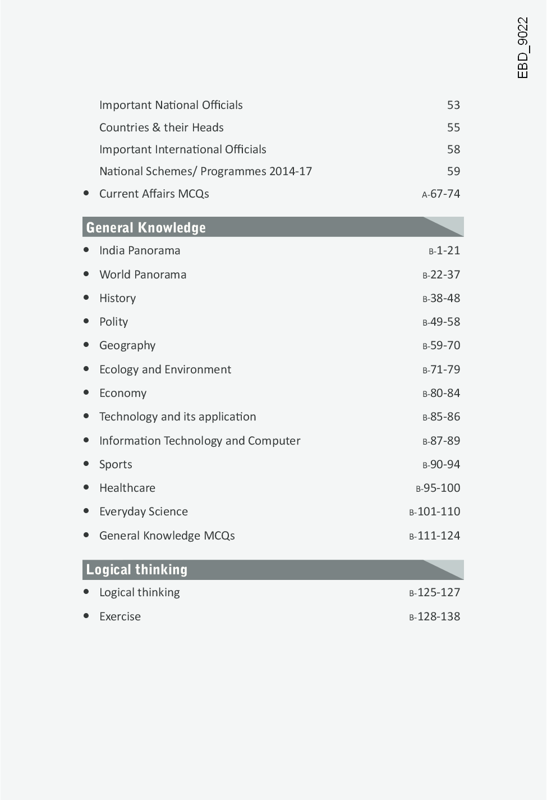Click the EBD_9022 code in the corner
click(x=522, y=48)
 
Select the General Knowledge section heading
click(x=146, y=227)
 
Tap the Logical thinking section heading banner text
click(x=137, y=569)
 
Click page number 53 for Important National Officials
click(x=453, y=105)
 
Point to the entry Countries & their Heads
click(x=161, y=127)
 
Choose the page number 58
click(x=453, y=149)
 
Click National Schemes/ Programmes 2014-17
click(x=205, y=171)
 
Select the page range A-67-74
click(x=441, y=194)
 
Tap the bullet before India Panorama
click(x=86, y=250)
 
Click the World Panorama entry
click(x=143, y=275)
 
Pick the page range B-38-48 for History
click(x=441, y=298)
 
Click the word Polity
click(x=113, y=322)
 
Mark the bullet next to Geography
click(x=86, y=345)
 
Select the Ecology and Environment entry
click(x=165, y=369)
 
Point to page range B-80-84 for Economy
click(x=441, y=393)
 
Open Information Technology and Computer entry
click(x=200, y=441)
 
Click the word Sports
click(x=116, y=464)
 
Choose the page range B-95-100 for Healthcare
click(x=438, y=488)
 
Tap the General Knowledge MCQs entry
click(x=167, y=536)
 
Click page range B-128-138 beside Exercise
click(x=434, y=616)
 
